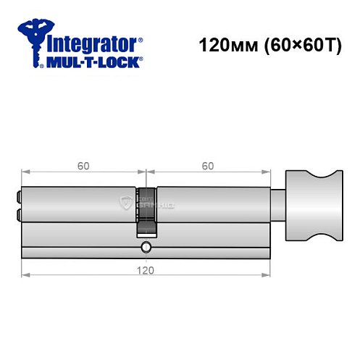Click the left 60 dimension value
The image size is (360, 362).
[83, 166]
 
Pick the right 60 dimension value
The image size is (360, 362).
[208, 166]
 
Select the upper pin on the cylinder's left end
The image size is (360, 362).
[18, 195]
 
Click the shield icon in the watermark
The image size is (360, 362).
[127, 203]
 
